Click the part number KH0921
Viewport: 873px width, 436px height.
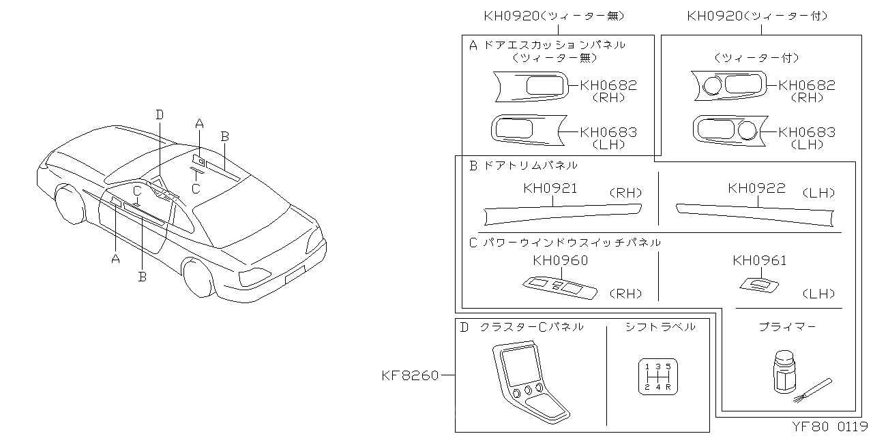[x=550, y=189]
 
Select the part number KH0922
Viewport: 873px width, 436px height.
[x=756, y=189]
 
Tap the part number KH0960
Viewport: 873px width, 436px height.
[x=560, y=261]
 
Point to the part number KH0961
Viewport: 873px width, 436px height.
[x=759, y=261]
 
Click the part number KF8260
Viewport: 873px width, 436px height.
[x=409, y=374]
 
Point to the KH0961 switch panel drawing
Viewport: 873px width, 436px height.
[x=759, y=285]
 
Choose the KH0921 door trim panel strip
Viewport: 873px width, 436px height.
[x=563, y=213]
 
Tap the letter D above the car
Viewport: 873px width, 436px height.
[x=159, y=115]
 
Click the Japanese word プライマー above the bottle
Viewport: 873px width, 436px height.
[x=787, y=327]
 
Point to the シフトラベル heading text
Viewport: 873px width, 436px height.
[x=660, y=327]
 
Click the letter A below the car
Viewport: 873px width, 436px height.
[x=115, y=258]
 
